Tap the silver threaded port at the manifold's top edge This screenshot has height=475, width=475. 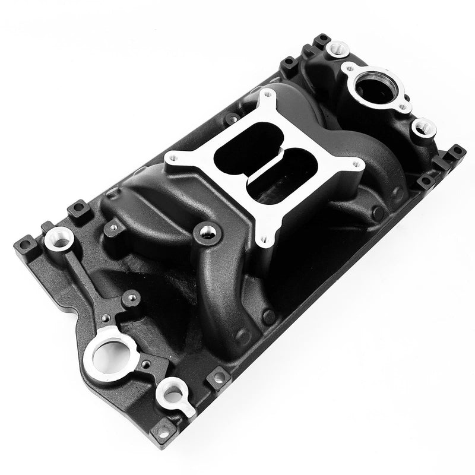coord(339,46)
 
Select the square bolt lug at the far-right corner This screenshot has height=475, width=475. coord(455,152)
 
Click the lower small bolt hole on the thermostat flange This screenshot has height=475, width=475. coord(404,107)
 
